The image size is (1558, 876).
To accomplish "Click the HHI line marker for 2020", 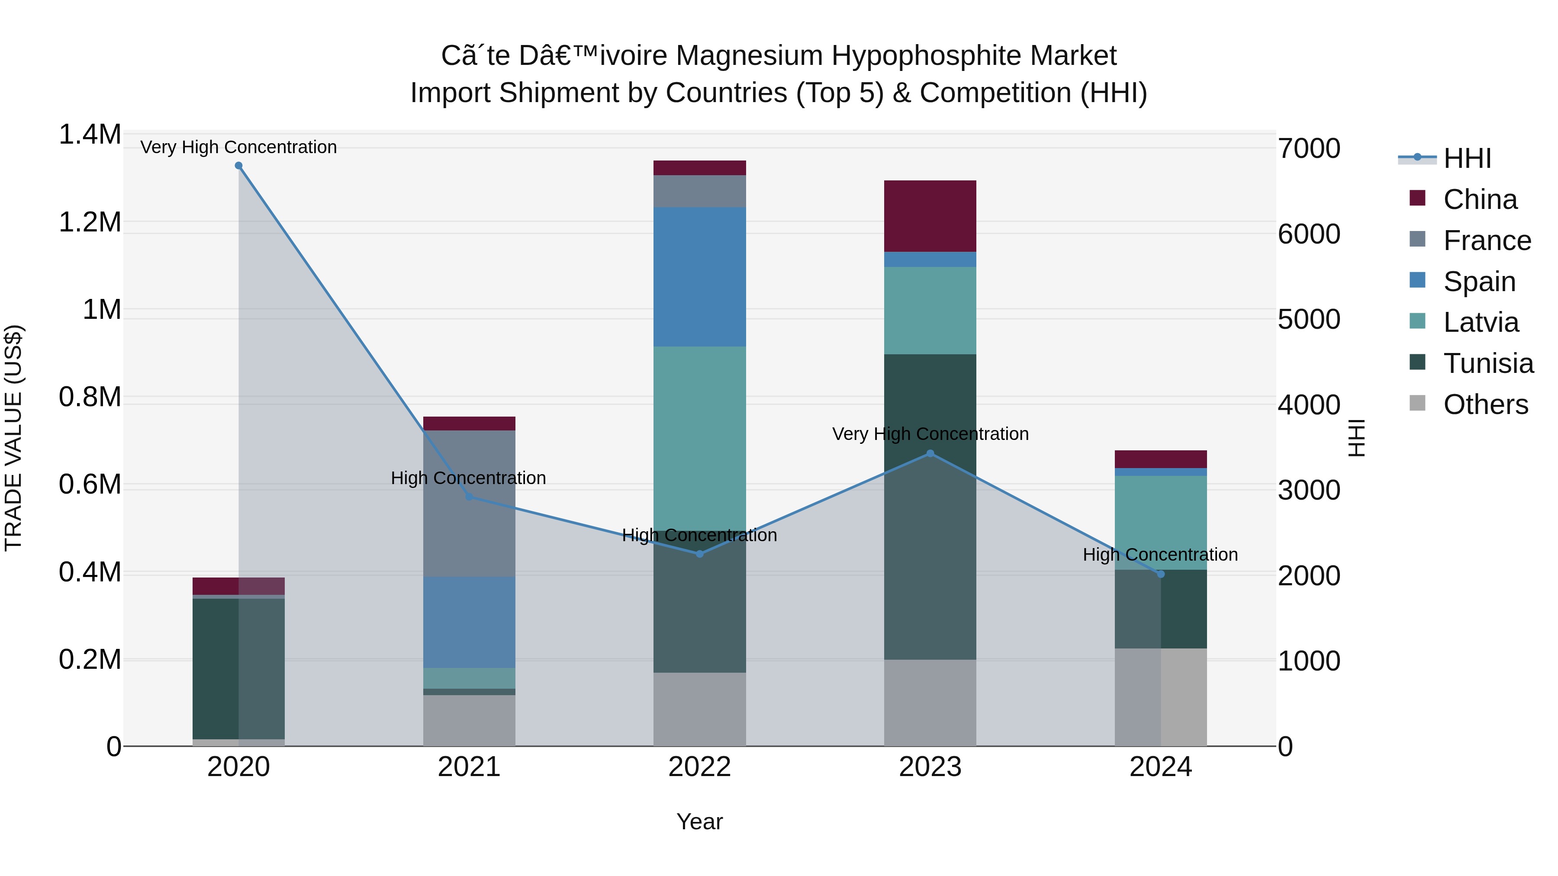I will click(x=238, y=166).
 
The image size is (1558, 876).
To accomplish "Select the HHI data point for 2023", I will click(x=930, y=453).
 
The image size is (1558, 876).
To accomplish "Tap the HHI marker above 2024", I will click(x=1161, y=574).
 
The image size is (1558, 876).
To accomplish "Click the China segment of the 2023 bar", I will click(x=930, y=216).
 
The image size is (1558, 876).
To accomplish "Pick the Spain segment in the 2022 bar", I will click(x=700, y=276).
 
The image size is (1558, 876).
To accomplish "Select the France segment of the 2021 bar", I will click(x=469, y=503).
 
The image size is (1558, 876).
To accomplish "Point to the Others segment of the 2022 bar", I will click(x=700, y=709).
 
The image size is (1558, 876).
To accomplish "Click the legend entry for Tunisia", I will click(x=1488, y=363).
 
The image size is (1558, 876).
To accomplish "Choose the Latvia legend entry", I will click(x=1481, y=322).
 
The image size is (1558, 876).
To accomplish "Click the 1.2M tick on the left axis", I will click(x=90, y=222).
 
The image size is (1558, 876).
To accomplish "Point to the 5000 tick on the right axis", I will click(x=1309, y=320).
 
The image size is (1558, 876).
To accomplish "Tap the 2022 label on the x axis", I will click(x=700, y=767).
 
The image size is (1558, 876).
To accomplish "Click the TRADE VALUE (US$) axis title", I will click(x=13, y=438).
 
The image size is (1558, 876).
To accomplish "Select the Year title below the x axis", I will click(x=700, y=821).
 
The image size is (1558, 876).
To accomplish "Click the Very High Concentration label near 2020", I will click(x=238, y=147).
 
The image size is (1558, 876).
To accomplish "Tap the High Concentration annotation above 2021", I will click(x=468, y=478).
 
